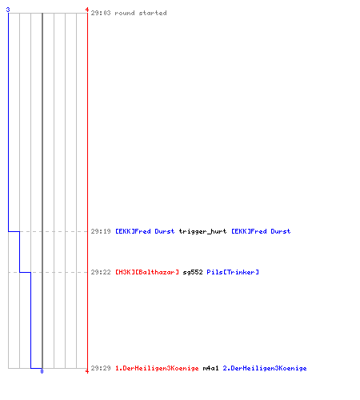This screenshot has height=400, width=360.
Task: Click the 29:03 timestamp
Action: coord(101,13)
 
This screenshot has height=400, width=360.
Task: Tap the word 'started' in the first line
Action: coord(153,13)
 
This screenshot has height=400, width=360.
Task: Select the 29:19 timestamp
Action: coord(101,231)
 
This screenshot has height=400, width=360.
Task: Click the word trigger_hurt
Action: coord(202,231)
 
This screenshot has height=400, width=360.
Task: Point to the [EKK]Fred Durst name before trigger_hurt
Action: coord(145,231)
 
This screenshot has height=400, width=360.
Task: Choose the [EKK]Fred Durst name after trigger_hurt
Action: coord(261,231)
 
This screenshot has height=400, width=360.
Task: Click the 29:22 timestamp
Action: coord(101,272)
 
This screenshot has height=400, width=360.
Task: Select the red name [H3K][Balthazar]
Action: coord(147,272)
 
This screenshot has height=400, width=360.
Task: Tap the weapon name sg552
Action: coord(193,272)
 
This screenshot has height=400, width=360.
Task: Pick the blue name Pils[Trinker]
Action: coord(233,272)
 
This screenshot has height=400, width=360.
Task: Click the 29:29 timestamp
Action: coord(101,368)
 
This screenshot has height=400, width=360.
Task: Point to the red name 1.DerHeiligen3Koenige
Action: coord(157,368)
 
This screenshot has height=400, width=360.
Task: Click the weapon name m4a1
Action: coord(210,368)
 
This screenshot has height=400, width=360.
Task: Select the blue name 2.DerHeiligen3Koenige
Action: coord(265,368)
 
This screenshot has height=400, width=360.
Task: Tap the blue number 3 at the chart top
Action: coord(8,10)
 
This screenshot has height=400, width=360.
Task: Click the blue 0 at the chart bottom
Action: coord(42,371)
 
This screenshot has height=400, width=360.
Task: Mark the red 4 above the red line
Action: coord(87,10)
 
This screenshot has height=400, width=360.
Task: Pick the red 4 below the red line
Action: coord(87,371)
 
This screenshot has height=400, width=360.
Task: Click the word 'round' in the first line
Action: coord(125,13)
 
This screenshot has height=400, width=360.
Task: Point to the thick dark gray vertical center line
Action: coord(42,190)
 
